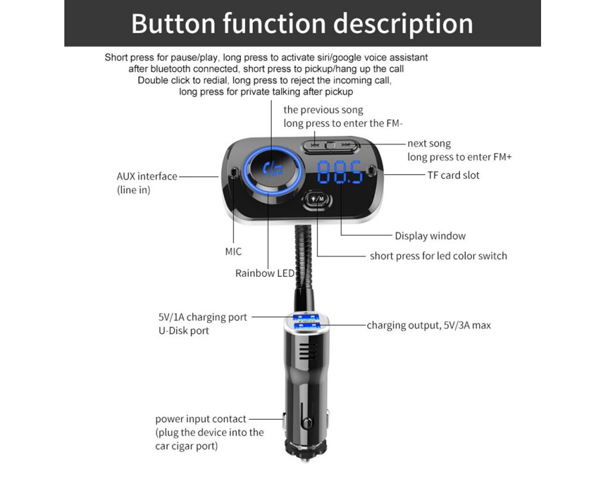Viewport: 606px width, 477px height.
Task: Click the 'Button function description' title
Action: [x=302, y=24]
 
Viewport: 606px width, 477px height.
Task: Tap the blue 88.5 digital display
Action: [x=340, y=172]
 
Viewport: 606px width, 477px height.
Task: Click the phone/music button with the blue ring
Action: [x=274, y=169]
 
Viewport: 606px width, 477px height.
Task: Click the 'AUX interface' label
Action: [x=147, y=176]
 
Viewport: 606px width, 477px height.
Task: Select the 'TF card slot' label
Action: [x=453, y=175]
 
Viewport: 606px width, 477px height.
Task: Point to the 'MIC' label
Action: [x=234, y=252]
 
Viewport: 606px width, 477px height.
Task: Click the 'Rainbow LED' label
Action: [x=265, y=273]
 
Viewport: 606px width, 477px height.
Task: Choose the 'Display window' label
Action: [x=430, y=236]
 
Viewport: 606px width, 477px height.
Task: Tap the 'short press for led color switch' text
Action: [x=439, y=256]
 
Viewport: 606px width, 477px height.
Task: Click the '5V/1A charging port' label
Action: [x=203, y=317]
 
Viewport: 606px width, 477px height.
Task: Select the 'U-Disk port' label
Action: [x=184, y=331]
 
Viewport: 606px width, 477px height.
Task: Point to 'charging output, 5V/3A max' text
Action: [x=428, y=325]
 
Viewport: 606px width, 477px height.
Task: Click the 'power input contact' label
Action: [x=201, y=419]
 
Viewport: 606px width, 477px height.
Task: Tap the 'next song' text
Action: [x=429, y=144]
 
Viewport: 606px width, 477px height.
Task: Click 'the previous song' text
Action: [x=323, y=110]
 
